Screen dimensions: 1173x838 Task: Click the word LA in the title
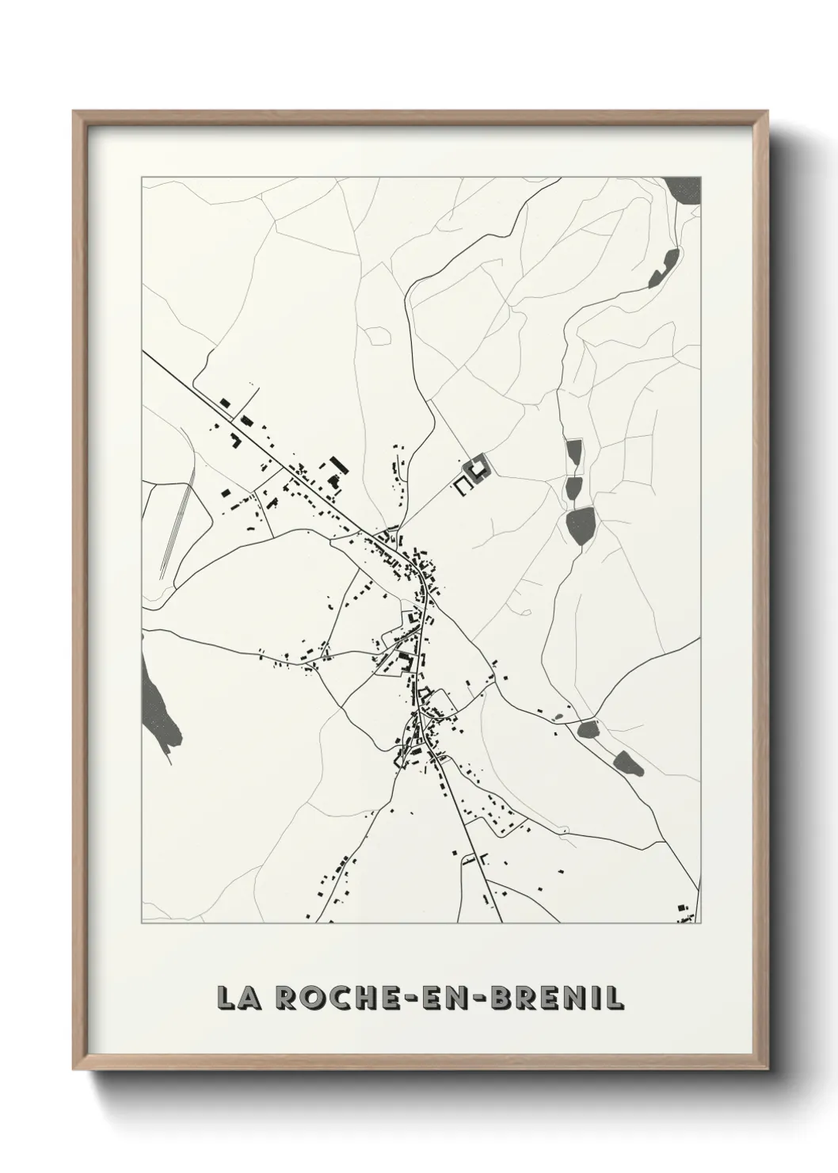(x=238, y=999)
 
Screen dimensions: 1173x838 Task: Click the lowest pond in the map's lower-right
(x=627, y=764)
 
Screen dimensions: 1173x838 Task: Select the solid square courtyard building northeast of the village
(x=478, y=469)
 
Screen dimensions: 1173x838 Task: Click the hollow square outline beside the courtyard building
(x=463, y=485)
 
